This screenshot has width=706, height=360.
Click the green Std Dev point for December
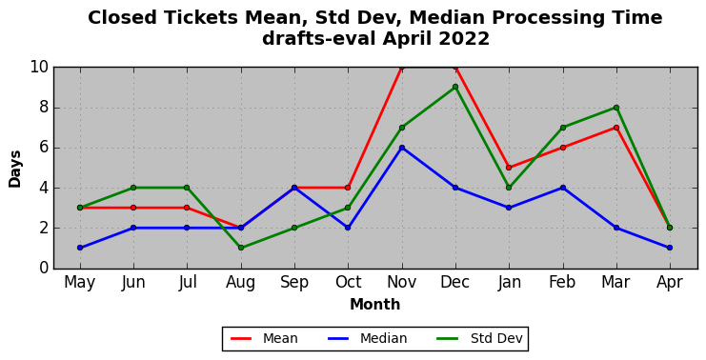coord(455,87)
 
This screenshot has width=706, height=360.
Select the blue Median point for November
coord(402,148)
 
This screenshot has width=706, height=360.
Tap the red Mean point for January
coord(509,168)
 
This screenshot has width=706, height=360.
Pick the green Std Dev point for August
coord(241,248)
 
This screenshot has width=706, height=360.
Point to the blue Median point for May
coord(80,248)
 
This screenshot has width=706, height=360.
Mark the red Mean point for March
coord(615,128)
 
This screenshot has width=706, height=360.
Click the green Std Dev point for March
coord(615,108)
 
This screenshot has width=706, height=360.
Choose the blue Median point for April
coord(670,248)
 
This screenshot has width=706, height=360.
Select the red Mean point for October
coord(348,188)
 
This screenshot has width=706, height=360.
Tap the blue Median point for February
coord(562,188)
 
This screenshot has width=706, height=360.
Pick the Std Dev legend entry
coord(480,338)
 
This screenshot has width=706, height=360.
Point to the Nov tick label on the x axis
coord(402,283)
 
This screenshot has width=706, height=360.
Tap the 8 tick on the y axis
coord(44,108)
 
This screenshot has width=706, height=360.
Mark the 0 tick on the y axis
coord(44,269)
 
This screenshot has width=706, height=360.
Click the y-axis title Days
coord(15,169)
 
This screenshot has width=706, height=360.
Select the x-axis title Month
coord(375,305)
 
